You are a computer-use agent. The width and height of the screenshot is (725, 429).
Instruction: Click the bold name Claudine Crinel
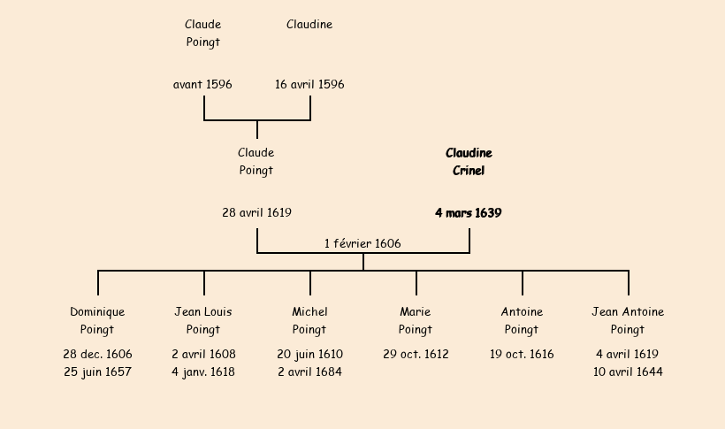(469, 162)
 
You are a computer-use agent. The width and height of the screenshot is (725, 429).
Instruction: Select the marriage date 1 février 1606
(362, 243)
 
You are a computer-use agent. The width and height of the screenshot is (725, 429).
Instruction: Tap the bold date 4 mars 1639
(469, 213)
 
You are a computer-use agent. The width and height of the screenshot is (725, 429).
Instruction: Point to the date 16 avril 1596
(309, 85)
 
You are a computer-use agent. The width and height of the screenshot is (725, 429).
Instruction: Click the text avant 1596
(202, 85)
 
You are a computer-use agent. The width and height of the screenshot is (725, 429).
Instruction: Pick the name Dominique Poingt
(97, 321)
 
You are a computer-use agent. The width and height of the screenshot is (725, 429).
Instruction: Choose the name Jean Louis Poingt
(203, 321)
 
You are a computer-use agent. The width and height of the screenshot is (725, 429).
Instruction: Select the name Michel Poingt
(309, 321)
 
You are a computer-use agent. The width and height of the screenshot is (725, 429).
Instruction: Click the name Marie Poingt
(416, 321)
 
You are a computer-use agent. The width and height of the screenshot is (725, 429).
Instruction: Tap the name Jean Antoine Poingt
(628, 321)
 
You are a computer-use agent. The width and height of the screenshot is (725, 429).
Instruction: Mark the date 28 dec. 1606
(97, 355)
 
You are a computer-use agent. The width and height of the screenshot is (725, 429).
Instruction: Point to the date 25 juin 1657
(97, 372)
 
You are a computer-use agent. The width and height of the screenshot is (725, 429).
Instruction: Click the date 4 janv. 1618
(203, 372)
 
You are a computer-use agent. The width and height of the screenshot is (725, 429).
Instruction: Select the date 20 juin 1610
(309, 355)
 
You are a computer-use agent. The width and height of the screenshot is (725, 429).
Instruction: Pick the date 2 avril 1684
(309, 372)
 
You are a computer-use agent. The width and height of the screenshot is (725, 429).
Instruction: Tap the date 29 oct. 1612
(416, 355)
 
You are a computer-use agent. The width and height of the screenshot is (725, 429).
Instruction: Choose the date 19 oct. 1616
(522, 355)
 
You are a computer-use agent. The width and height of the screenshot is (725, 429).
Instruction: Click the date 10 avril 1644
(628, 372)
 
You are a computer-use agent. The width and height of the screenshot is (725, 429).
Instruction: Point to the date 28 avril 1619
(256, 213)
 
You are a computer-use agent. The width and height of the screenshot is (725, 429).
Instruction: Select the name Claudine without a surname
(309, 25)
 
